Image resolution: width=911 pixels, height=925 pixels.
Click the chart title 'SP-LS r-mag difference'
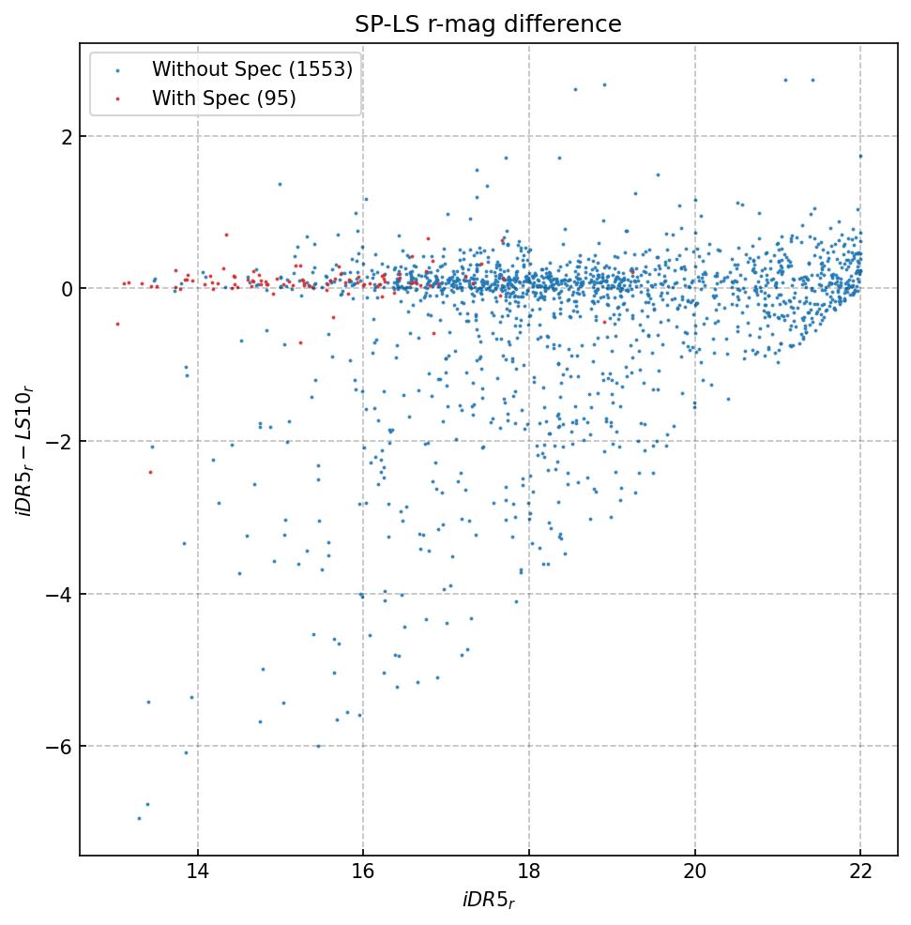point(488,24)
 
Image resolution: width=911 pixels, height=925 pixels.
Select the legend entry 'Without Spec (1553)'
point(251,69)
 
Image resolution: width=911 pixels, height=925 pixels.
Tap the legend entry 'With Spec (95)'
point(224,99)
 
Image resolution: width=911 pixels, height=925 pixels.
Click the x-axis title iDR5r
point(488,902)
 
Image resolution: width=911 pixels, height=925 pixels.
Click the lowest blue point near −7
point(139,818)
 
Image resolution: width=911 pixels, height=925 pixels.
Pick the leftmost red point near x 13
point(117,324)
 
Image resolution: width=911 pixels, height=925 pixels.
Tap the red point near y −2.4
point(150,472)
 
